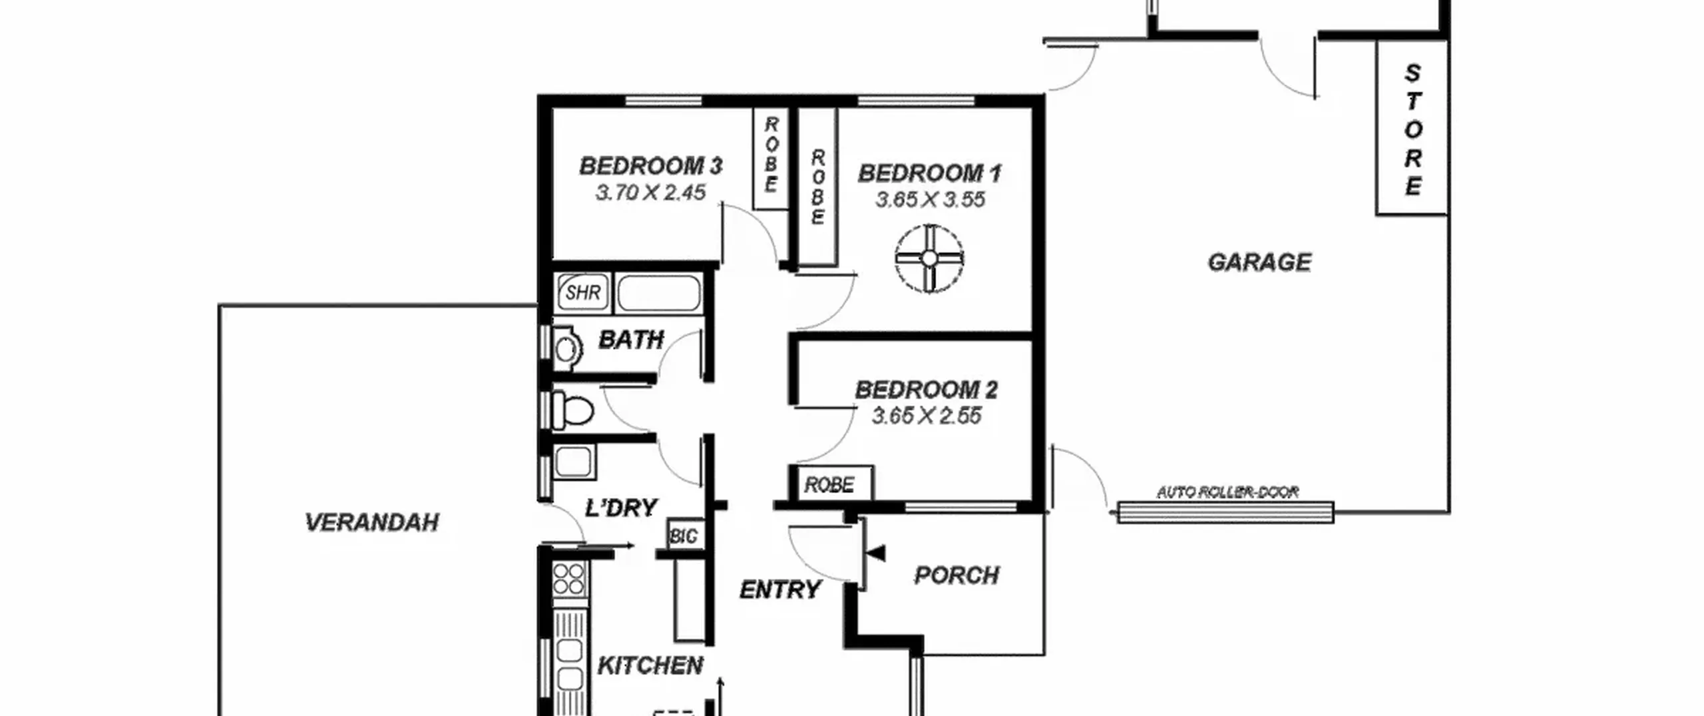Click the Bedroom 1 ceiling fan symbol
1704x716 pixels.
(929, 258)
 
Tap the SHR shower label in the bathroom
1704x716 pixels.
(583, 292)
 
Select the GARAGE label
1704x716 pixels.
(1259, 262)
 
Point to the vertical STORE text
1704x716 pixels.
(1412, 130)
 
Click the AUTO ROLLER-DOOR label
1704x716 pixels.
(1227, 492)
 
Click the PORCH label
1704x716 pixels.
(957, 575)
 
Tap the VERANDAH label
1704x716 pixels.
(371, 522)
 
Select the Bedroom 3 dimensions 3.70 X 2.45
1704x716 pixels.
(650, 192)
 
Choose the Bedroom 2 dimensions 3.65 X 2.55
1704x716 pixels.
(927, 416)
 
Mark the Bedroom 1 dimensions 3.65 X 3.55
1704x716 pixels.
(930, 200)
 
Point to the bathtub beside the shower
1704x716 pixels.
(658, 292)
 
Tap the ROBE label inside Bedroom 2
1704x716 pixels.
(829, 484)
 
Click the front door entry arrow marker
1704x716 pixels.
(877, 553)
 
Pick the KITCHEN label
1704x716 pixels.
(650, 665)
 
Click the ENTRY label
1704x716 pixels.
(780, 589)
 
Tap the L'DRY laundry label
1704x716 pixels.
(621, 508)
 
